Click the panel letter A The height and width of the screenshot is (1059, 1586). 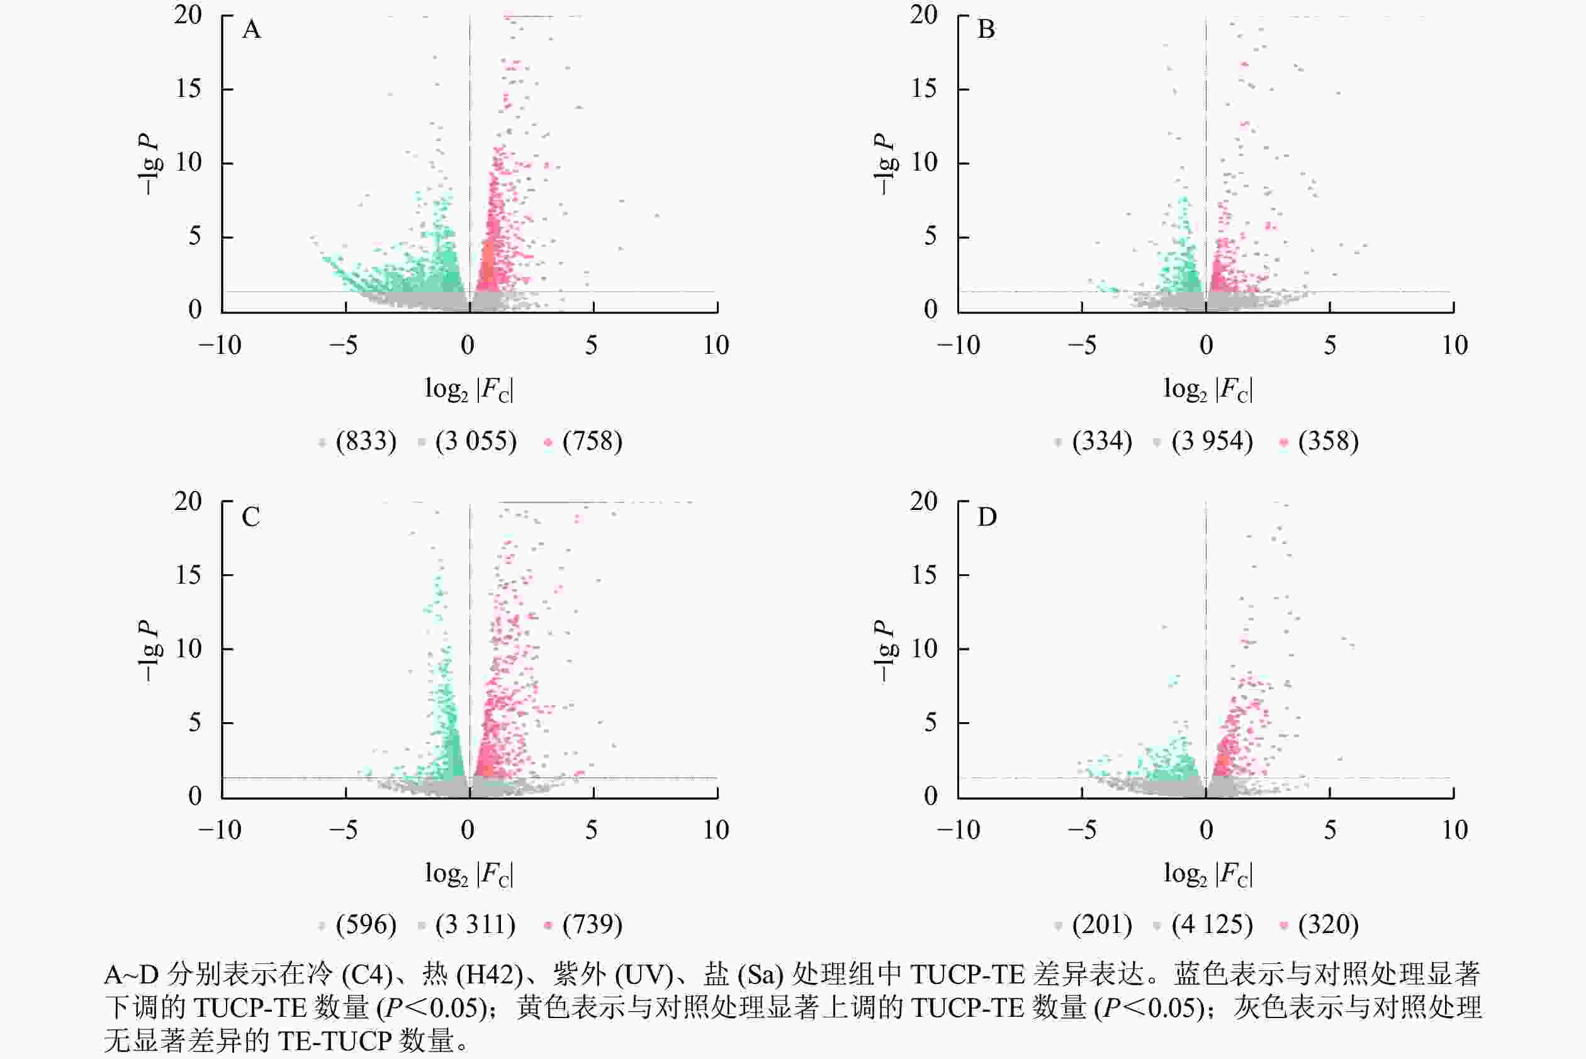pyautogui.click(x=251, y=30)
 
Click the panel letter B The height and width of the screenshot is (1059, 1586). pyautogui.click(x=986, y=30)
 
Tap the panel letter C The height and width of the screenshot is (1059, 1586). pyautogui.click(x=251, y=517)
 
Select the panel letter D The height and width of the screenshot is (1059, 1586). pyautogui.click(x=986, y=517)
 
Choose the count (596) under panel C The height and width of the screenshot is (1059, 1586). pyautogui.click(x=366, y=925)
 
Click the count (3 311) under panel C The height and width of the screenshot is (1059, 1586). pyautogui.click(x=475, y=925)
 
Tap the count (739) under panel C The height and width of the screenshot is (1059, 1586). pyautogui.click(x=592, y=925)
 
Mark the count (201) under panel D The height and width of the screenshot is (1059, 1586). pyautogui.click(x=1102, y=925)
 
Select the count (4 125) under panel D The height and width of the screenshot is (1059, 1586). pyautogui.click(x=1212, y=925)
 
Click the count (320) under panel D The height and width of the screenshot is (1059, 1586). pyautogui.click(x=1328, y=925)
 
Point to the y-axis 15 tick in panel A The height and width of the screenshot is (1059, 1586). pyautogui.click(x=188, y=89)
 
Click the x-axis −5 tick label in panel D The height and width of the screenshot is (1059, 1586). pyautogui.click(x=1083, y=830)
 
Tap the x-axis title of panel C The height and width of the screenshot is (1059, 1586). pyautogui.click(x=469, y=874)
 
